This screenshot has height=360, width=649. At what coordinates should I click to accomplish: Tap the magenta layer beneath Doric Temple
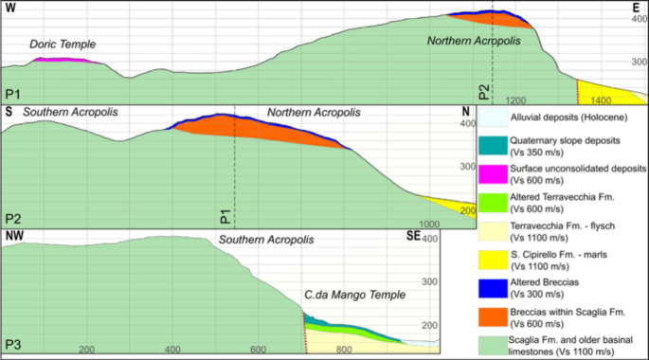[x=64, y=61]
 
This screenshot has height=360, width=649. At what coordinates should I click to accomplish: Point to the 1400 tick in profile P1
[x=601, y=100]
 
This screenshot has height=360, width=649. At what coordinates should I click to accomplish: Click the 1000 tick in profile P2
[x=431, y=223]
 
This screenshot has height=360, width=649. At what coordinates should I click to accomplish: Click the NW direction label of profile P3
[x=14, y=236]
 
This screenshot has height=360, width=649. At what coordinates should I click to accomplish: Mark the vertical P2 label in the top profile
[x=483, y=92]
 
